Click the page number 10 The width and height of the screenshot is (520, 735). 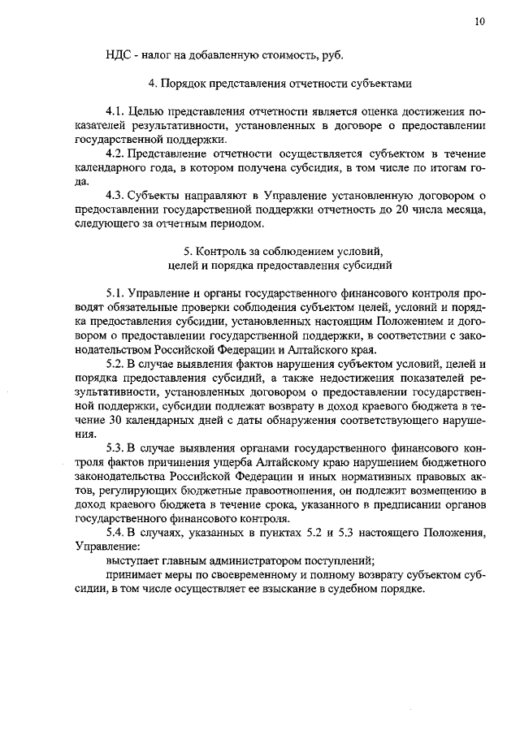(x=480, y=22)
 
